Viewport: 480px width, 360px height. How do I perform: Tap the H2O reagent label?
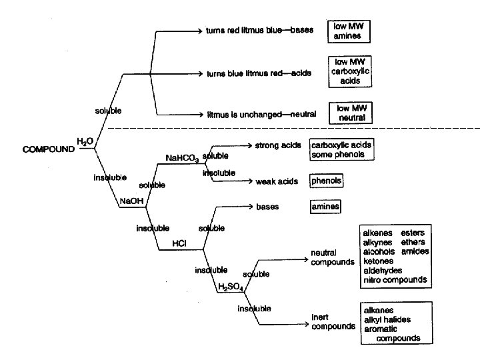85,141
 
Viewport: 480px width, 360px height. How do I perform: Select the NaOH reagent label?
129,201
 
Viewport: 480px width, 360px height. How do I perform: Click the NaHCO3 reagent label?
181,158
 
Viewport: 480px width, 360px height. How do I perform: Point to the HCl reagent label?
179,243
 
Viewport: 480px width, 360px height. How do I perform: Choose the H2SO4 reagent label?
231,287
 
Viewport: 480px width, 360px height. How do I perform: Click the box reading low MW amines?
347,31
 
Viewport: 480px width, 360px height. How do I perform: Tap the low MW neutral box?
351,113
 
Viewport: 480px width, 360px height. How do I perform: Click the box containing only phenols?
327,181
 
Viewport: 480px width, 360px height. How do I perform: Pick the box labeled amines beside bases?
325,207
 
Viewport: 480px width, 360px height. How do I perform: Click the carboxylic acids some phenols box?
341,150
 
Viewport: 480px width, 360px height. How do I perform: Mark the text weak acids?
277,181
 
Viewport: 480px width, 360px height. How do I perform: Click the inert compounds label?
333,322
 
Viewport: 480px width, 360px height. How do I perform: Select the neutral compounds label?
333,257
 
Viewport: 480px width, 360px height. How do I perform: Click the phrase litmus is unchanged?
243,114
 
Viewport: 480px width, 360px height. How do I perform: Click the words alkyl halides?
387,319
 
